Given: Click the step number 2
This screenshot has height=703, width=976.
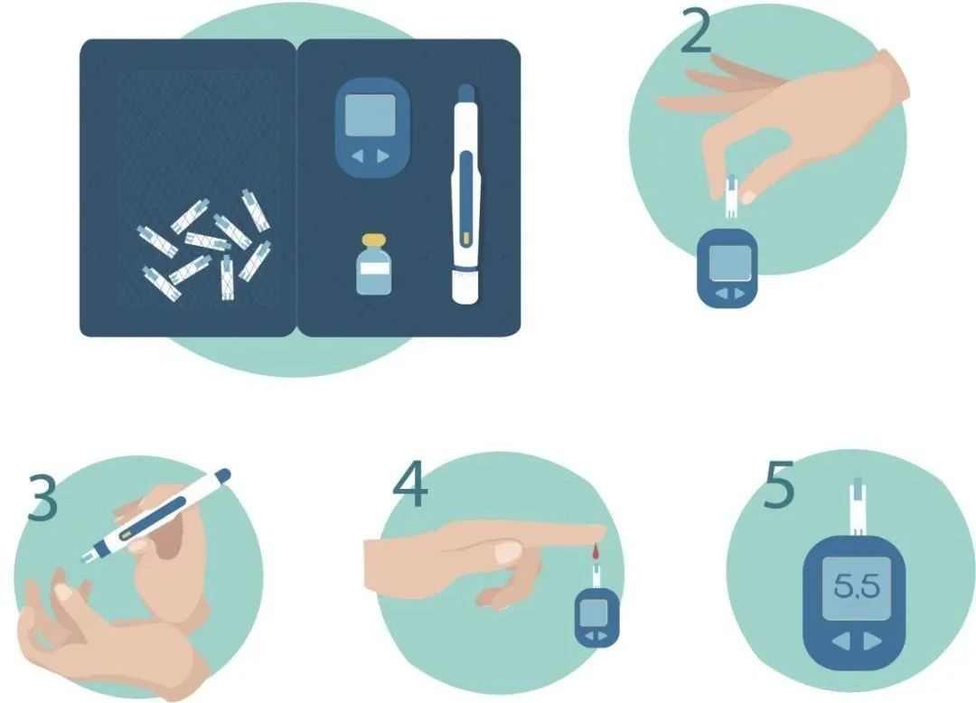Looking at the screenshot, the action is (695, 30).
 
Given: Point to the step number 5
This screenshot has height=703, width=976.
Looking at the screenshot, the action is (779, 484).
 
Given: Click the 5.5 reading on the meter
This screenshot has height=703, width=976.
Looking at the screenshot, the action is (857, 586).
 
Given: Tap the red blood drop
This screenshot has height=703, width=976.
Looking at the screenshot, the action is (596, 550).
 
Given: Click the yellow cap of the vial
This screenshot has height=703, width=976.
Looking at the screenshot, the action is (373, 240).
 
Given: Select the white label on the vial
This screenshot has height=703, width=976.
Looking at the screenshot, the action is (373, 268).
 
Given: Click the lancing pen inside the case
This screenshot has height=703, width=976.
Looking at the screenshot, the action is (465, 194).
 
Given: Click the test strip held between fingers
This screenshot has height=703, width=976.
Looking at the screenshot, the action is (731, 197).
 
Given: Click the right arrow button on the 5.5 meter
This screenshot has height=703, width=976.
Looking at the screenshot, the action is (873, 641).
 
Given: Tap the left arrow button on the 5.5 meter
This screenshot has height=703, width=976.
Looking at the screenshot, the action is (842, 641).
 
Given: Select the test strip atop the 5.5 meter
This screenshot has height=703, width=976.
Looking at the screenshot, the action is (857, 506).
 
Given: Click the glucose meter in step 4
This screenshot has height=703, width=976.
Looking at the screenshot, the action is (596, 617).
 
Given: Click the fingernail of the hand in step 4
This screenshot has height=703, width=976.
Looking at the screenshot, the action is (509, 550).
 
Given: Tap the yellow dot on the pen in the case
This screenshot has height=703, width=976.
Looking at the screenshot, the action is (465, 239).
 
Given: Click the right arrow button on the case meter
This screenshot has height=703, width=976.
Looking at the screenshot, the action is (383, 156).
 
